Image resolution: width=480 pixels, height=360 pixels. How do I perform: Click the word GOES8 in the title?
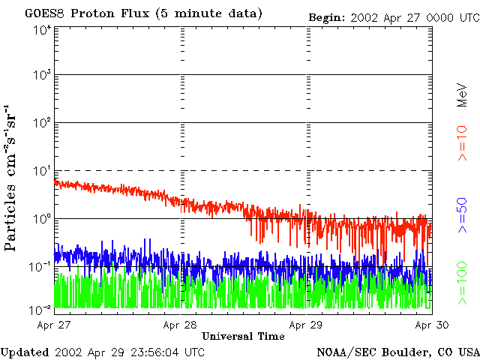pyautogui.click(x=43, y=13)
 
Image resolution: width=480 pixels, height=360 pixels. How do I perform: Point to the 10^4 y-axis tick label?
pyautogui.click(x=41, y=29)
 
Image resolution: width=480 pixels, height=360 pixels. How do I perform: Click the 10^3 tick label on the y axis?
pyautogui.click(x=41, y=75)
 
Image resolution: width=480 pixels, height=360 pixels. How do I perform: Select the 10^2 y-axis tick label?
pyautogui.click(x=41, y=123)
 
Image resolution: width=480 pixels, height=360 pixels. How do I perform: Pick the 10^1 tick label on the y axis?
pyautogui.click(x=41, y=171)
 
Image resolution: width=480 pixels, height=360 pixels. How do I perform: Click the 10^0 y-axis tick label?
pyautogui.click(x=41, y=219)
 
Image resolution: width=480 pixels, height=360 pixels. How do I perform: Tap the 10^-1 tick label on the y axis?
pyautogui.click(x=40, y=266)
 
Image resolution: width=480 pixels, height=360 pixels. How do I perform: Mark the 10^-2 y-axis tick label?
pyautogui.click(x=40, y=309)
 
